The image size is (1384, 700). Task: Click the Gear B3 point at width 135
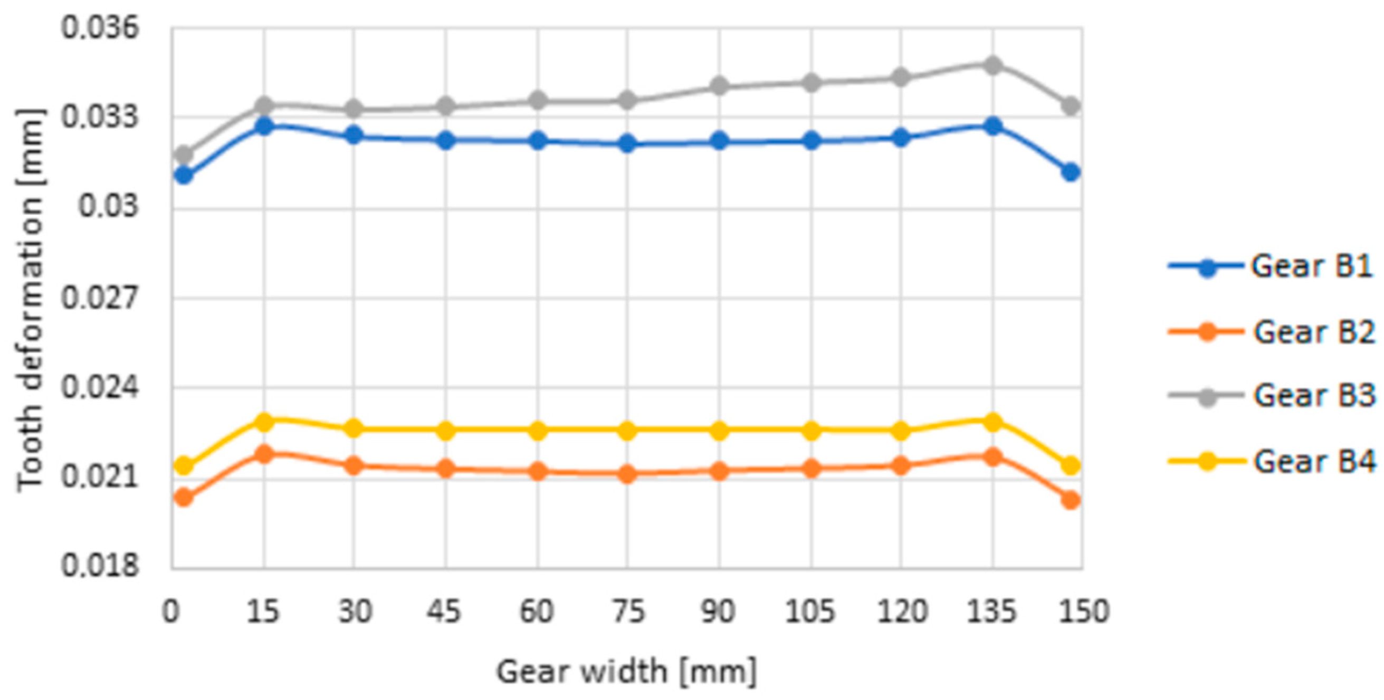(992, 65)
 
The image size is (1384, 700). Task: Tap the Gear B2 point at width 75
(627, 474)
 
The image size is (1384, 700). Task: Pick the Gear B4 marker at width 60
(538, 431)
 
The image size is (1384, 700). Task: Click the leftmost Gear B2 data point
(184, 498)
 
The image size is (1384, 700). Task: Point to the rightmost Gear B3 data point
(1071, 105)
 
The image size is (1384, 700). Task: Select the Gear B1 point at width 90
(719, 141)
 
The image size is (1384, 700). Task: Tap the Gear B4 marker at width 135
(992, 421)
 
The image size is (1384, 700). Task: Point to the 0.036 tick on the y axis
(100, 28)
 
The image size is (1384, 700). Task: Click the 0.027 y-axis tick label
(100, 298)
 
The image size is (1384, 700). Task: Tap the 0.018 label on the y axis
(100, 566)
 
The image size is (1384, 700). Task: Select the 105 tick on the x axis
(810, 611)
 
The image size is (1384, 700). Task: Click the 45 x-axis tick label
(444, 611)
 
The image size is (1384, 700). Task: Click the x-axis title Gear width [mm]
(626, 672)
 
